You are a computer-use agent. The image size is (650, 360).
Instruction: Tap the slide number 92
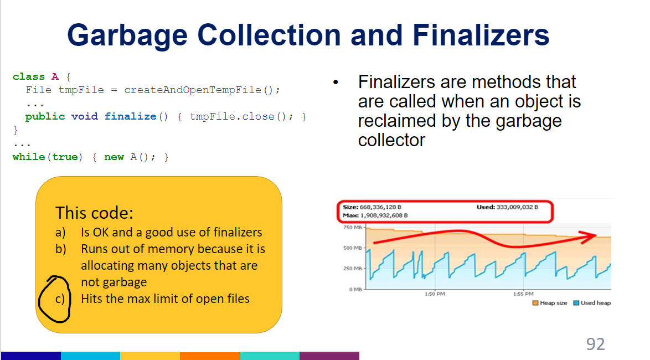click(595, 344)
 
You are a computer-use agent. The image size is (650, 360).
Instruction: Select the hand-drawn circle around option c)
click(55, 299)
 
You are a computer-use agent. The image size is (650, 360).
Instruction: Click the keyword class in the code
click(29, 76)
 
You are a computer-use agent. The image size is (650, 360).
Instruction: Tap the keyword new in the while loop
click(114, 157)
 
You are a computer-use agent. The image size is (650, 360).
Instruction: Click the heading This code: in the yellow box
click(94, 213)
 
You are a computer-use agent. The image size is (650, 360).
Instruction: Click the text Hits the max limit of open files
click(165, 299)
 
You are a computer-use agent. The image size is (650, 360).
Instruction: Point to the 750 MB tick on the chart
click(352, 228)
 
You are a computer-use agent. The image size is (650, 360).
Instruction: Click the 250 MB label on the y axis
click(352, 269)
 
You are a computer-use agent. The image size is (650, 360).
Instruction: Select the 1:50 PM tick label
click(433, 294)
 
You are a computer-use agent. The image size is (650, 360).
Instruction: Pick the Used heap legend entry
click(592, 303)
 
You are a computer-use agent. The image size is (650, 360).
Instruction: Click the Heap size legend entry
click(550, 303)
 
